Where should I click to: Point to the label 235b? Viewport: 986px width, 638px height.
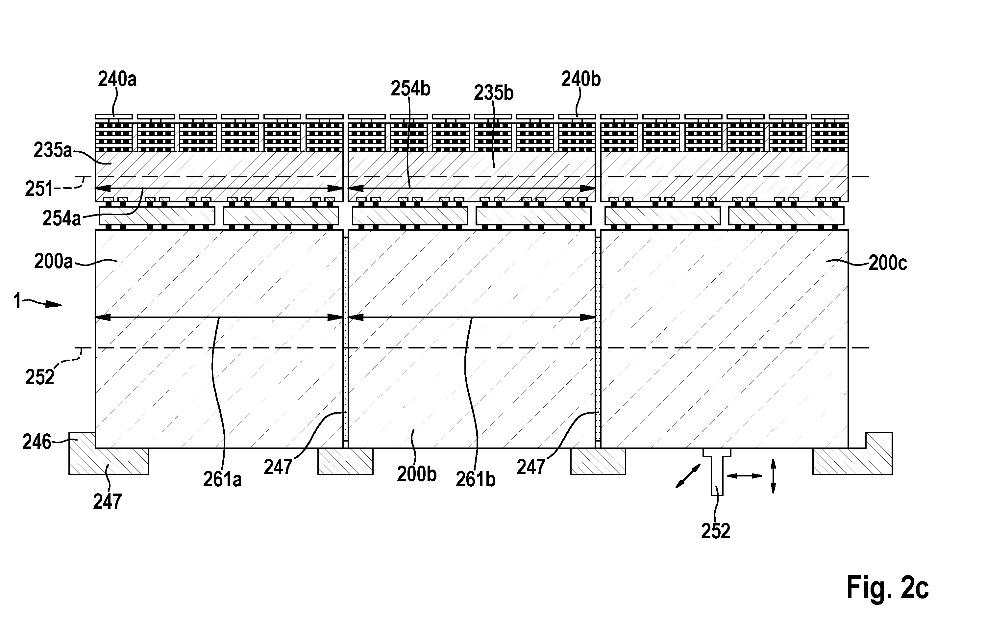point(494,93)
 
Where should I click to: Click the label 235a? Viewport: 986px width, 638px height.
point(53,150)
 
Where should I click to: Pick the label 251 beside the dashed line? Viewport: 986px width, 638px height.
point(39,189)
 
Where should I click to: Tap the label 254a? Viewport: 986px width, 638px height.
point(62,218)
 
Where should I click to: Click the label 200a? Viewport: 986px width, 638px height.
point(53,262)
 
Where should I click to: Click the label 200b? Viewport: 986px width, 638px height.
point(417,474)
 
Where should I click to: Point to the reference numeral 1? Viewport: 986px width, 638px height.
point(17,301)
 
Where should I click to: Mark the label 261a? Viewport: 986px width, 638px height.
point(222,480)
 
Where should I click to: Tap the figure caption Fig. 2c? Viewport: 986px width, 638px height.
point(887,587)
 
